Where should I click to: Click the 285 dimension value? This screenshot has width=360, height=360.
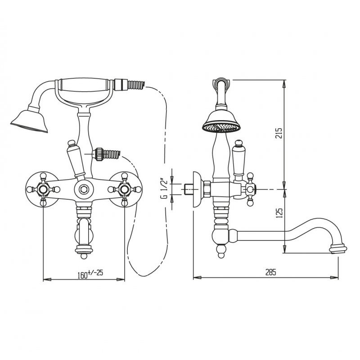coord(271,272)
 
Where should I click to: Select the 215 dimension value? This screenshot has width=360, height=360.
coord(278,133)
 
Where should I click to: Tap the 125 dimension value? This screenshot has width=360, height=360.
coord(278,213)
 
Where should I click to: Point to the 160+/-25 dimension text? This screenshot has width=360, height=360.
coord(90,274)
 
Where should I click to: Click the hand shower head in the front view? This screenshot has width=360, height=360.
coord(30,121)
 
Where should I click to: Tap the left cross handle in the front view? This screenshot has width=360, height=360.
coord(43,189)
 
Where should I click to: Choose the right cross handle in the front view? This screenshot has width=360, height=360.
coord(125,189)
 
